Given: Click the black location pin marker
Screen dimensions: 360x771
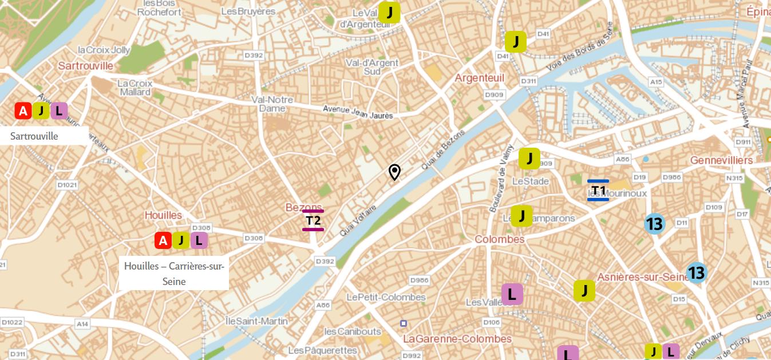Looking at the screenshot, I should tap(394, 172).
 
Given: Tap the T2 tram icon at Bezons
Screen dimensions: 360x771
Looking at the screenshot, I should tap(313, 220).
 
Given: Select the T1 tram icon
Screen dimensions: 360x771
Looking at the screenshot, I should tap(598, 190).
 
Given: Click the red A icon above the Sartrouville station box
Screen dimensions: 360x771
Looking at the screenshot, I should tap(23, 111).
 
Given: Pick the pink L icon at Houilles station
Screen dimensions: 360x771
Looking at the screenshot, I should tap(199, 240).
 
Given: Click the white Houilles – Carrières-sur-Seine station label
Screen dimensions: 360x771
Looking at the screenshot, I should tap(174, 274).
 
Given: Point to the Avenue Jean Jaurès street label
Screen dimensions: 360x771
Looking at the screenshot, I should tap(358, 112).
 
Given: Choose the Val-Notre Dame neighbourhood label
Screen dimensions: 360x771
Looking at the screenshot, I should tap(272, 104).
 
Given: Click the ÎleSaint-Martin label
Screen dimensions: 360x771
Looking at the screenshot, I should tap(256, 321).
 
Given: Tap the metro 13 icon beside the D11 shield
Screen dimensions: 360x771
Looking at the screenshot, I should tap(654, 224).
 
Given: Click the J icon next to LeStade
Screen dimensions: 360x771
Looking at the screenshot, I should tap(529, 159).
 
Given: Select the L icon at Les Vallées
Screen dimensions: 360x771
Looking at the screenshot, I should tap(512, 294).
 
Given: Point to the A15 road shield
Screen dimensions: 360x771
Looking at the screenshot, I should tap(656, 82).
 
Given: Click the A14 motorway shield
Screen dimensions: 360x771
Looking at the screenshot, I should tap(82, 324).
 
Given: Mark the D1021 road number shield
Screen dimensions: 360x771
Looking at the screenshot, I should tap(67, 185).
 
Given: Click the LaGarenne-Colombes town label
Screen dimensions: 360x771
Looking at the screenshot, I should tap(457, 339).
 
